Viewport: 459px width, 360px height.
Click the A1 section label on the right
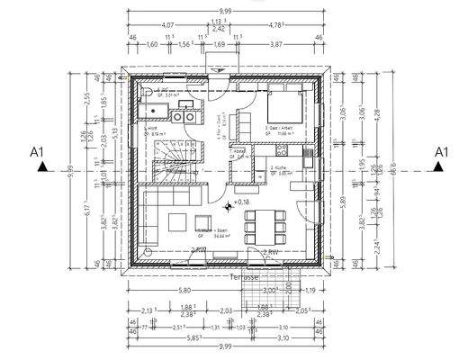[x=441, y=153]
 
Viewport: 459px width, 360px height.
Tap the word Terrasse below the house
[x=245, y=278]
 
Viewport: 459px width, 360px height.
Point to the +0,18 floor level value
[x=240, y=203]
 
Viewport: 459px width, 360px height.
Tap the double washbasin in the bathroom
[x=184, y=114]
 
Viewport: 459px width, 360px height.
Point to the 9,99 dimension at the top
[x=225, y=12]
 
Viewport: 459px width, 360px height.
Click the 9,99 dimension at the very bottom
[x=225, y=346]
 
